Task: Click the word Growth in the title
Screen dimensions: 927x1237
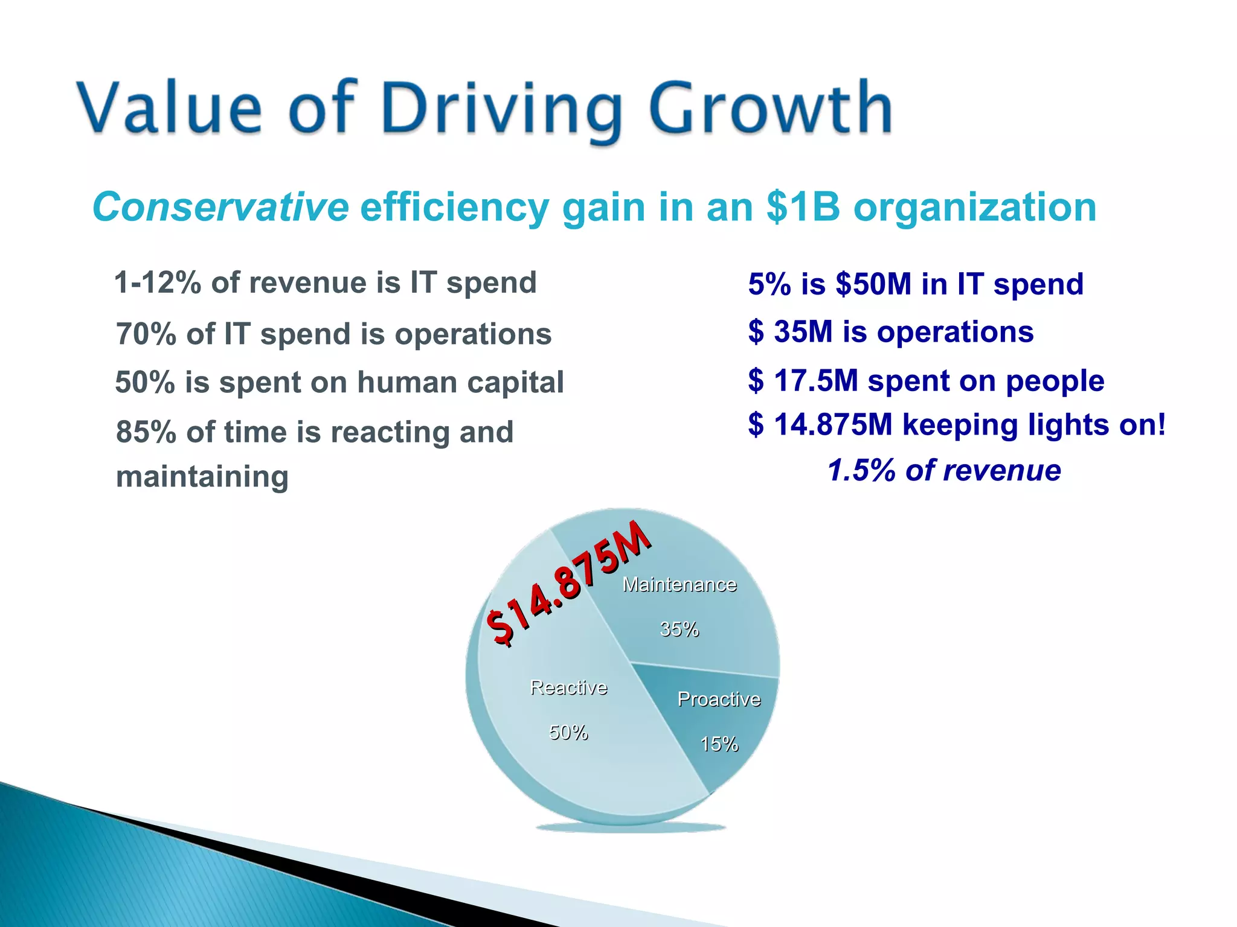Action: pos(770,109)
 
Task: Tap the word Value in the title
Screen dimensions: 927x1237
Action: pos(169,109)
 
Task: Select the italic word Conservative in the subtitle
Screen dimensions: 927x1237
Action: pos(220,207)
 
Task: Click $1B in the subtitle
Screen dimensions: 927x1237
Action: pos(803,207)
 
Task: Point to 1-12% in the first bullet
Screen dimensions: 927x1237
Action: pos(157,282)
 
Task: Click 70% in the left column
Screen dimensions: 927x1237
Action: pos(146,334)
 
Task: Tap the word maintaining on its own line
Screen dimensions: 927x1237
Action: pos(202,476)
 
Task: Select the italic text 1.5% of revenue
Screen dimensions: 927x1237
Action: pos(944,470)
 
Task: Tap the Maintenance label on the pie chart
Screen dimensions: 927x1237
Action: pos(680,585)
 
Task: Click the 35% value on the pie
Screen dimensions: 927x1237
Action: pos(680,629)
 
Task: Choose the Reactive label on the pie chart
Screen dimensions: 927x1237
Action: pos(568,687)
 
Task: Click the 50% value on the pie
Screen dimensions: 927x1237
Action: pos(568,732)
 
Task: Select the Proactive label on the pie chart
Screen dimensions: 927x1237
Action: pos(719,699)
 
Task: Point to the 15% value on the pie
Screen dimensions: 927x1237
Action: pos(719,744)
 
